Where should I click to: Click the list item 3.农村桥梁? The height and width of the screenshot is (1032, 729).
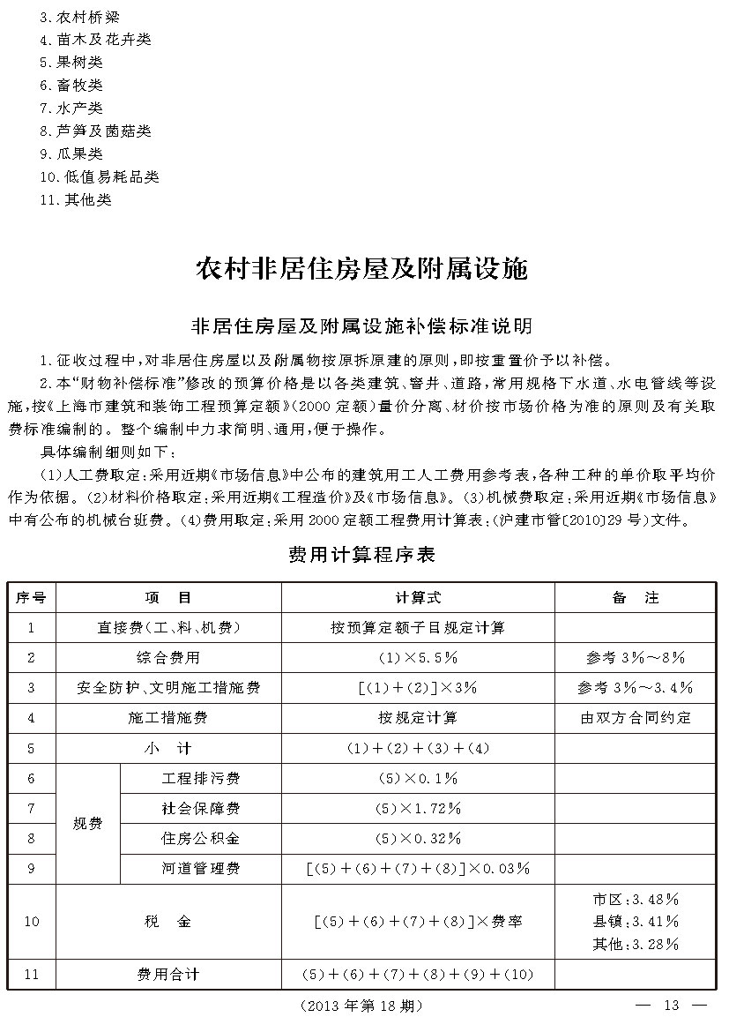pos(76,17)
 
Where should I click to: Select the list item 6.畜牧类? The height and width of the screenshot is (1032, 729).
pos(71,86)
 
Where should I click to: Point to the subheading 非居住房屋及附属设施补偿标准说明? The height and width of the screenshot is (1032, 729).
pos(361,327)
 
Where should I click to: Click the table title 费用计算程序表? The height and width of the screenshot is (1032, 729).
pos(361,556)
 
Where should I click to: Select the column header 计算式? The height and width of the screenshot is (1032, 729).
pos(418,598)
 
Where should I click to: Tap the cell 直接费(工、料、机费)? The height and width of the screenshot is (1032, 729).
pos(168,628)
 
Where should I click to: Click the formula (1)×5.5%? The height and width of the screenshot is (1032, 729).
pos(418,658)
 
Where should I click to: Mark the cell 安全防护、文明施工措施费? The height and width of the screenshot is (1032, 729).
pos(168,688)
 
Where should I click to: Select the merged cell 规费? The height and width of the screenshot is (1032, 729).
pos(87,824)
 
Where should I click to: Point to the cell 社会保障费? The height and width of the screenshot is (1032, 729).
pos(201,808)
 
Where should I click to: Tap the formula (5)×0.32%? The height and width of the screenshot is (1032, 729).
pos(418,838)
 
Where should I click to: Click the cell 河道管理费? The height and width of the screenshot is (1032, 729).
pos(201,868)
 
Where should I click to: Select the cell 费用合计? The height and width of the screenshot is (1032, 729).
pos(168,975)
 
